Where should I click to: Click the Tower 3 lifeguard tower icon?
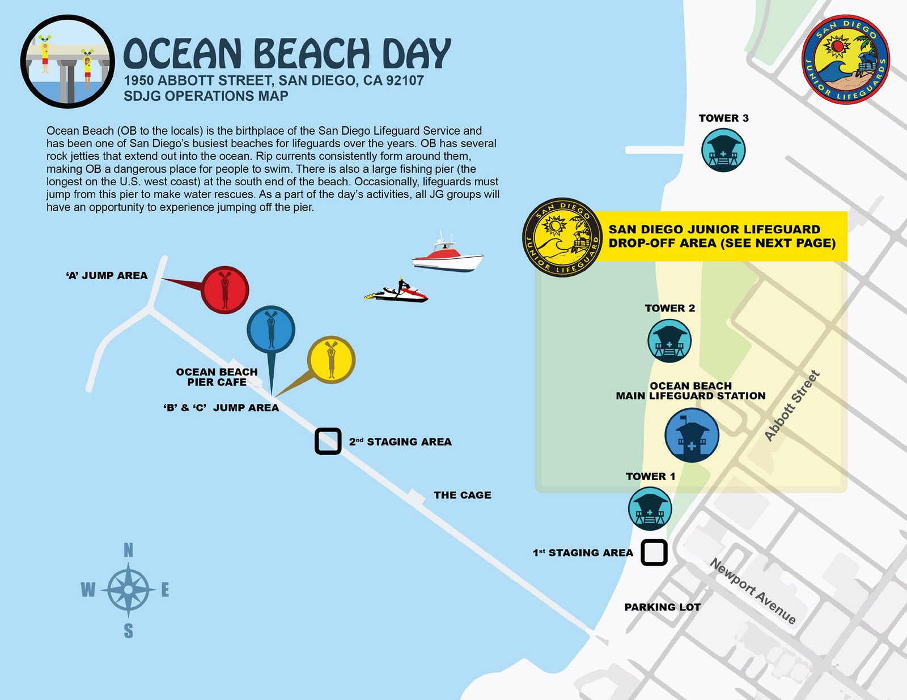[x=723, y=150]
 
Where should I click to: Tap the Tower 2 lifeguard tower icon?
[x=669, y=341]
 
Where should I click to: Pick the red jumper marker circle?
[x=225, y=289]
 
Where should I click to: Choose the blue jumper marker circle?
[x=271, y=329]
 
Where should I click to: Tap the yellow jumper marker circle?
[x=331, y=360]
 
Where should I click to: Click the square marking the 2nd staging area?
[x=328, y=441]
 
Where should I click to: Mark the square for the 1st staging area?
[x=654, y=552]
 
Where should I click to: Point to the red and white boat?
[x=448, y=255]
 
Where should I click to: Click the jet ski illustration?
[x=397, y=293]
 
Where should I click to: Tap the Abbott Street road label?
[x=792, y=406]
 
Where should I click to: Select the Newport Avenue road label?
[x=753, y=591]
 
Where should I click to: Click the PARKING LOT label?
[x=662, y=607]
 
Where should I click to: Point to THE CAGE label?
[x=463, y=495]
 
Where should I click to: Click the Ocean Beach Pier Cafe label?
[x=217, y=377]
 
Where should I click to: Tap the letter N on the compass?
[x=129, y=550]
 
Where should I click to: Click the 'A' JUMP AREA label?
[x=107, y=276]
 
